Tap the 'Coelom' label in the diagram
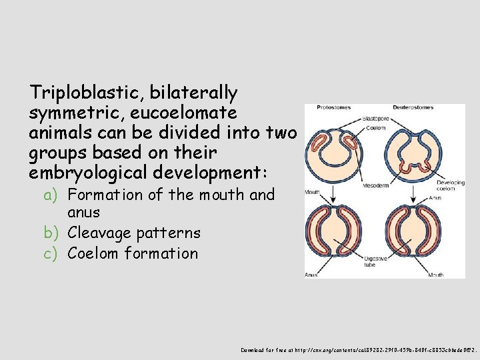click(x=376, y=128)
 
